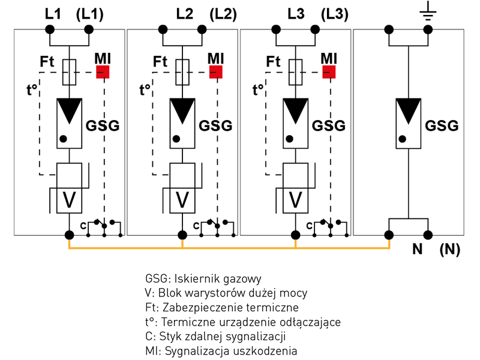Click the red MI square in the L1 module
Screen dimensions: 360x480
[x=103, y=72]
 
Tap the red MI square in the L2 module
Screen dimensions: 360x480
[x=216, y=72]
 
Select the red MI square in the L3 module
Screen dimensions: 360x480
[x=329, y=72]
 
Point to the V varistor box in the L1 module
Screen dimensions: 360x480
[x=70, y=199]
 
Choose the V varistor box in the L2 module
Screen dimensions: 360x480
[x=182, y=199]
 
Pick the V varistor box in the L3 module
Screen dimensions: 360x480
[x=295, y=199]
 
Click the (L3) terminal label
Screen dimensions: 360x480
[x=334, y=13]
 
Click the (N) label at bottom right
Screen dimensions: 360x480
[x=449, y=250]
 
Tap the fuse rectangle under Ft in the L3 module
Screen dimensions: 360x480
[x=295, y=72]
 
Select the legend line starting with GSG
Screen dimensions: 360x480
[x=203, y=279]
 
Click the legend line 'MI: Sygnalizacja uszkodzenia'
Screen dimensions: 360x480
[x=221, y=351]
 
